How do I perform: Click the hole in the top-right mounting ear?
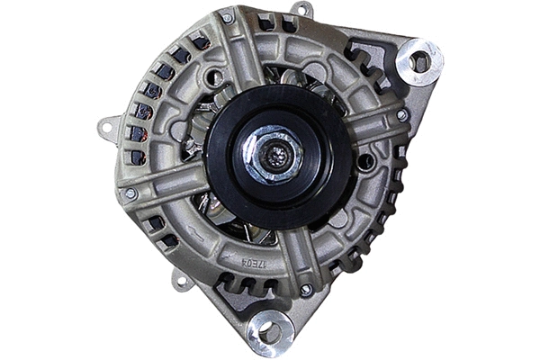pyautogui.click(x=420, y=61)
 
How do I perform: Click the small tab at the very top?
pyautogui.click(x=301, y=9)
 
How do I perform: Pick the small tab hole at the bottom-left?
pyautogui.click(x=183, y=283)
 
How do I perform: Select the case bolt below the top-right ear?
pyautogui.click(x=401, y=115)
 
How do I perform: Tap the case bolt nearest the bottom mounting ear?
pyautogui.click(x=306, y=290)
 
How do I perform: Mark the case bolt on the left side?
pyautogui.click(x=131, y=193)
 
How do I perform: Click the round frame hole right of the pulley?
pyautogui.click(x=365, y=162)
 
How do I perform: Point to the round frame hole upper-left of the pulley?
pyautogui.click(x=214, y=79)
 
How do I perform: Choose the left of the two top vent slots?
pyautogui.click(x=265, y=22)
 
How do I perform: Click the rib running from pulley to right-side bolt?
pyautogui.click(x=369, y=125)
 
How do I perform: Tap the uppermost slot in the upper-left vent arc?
pyautogui.click(x=198, y=41)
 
